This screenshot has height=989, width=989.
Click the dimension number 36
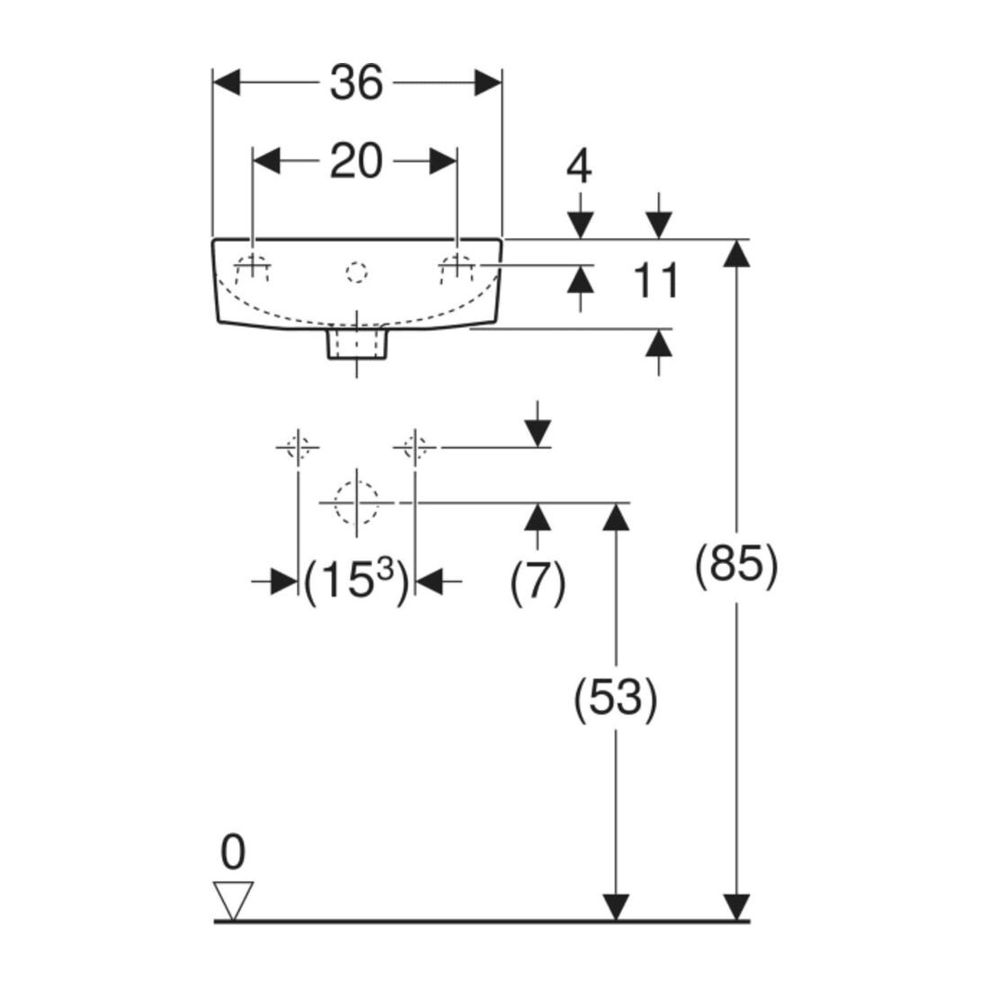356,83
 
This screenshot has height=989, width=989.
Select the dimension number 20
356,162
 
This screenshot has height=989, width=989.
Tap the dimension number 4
580,168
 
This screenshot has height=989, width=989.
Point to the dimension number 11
656,281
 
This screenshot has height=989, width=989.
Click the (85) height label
736,564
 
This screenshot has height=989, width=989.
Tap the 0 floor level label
233,852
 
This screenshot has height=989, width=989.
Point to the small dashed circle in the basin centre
356,272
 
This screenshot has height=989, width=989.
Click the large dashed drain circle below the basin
356,503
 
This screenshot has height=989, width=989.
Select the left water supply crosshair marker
298,447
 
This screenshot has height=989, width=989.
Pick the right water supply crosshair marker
414,447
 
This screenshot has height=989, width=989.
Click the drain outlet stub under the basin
356,343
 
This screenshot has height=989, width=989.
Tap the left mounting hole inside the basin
253,267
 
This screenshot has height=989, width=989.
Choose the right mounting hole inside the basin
458,267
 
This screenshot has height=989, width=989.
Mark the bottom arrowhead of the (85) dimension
736,908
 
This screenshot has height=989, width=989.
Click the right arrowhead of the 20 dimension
442,162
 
